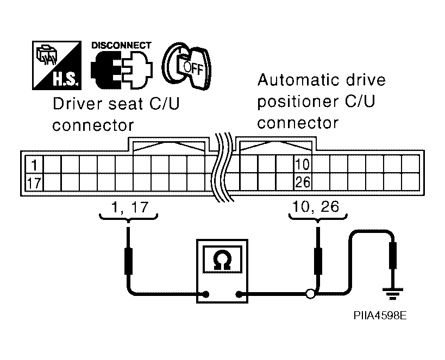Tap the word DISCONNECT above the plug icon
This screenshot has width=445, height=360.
(121, 46)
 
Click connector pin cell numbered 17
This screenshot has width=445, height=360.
(34, 182)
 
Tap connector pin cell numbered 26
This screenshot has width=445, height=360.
(302, 182)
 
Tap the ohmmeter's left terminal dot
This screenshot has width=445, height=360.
(206, 295)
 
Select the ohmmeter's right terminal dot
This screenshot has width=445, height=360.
(238, 295)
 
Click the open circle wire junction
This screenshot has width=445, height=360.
(310, 295)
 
